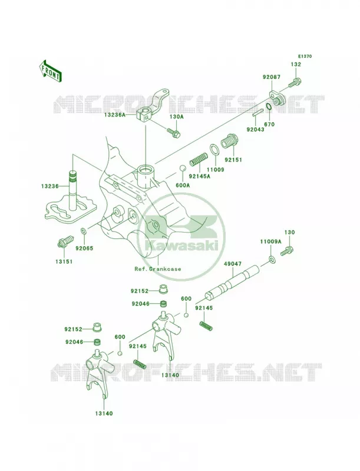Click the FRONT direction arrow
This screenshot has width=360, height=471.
50,71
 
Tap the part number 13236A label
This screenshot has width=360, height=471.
115,115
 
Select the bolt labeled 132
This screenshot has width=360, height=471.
295,82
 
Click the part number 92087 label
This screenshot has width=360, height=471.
272,77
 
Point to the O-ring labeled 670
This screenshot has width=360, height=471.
269,107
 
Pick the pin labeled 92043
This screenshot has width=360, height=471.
258,113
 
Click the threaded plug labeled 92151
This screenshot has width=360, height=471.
230,141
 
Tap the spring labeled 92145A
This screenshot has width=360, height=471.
199,159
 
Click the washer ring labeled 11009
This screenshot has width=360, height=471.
214,149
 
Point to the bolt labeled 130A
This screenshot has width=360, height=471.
174,132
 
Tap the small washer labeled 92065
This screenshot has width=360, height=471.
84,231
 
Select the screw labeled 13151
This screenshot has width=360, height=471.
65,242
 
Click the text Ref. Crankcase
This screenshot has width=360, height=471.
158,269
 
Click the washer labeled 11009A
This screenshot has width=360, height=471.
272,259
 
